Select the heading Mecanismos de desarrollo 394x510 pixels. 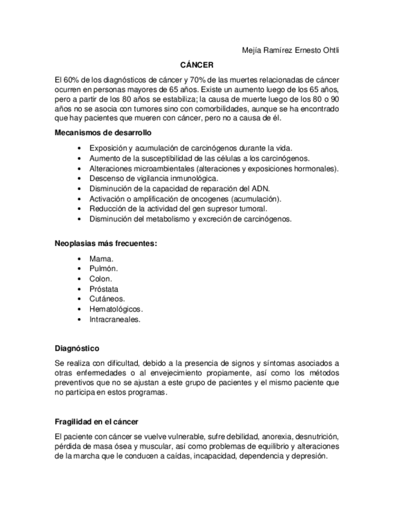(103, 132)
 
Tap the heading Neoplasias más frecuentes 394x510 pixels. (106, 244)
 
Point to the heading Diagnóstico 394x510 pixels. (77, 348)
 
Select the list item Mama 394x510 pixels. (101, 259)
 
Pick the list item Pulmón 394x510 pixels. (103, 269)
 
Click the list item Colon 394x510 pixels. (100, 279)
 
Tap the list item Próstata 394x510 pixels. (104, 289)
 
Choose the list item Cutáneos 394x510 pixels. (107, 299)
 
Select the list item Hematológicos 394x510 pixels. (116, 309)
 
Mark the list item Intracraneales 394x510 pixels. (115, 319)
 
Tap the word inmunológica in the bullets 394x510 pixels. (191, 178)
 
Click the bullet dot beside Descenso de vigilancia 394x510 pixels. (79, 179)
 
